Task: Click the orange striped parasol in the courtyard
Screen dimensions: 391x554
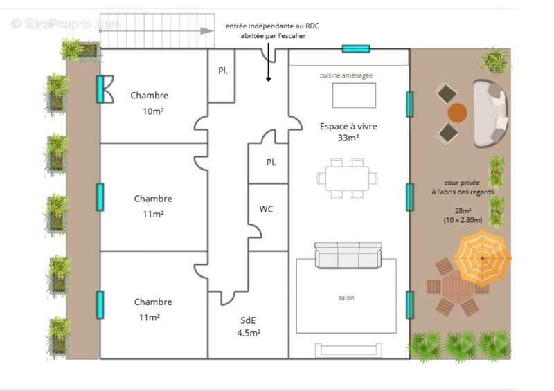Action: (x=482, y=258)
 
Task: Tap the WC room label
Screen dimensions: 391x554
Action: (x=266, y=209)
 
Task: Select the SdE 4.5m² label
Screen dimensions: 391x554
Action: (x=249, y=326)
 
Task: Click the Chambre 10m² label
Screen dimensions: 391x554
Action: (x=150, y=102)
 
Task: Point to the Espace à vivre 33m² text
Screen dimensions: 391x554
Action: (x=348, y=131)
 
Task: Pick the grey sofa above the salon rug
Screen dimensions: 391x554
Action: (x=348, y=255)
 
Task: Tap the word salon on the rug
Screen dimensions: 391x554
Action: (x=346, y=298)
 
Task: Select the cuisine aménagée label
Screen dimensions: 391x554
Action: (x=346, y=75)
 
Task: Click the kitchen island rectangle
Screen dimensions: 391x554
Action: (x=354, y=95)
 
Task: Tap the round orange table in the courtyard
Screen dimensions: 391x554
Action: (x=457, y=112)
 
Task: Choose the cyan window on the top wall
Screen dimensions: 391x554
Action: (x=356, y=48)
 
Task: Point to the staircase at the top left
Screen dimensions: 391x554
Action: (x=156, y=30)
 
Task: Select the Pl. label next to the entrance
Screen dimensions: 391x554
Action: (x=223, y=71)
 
